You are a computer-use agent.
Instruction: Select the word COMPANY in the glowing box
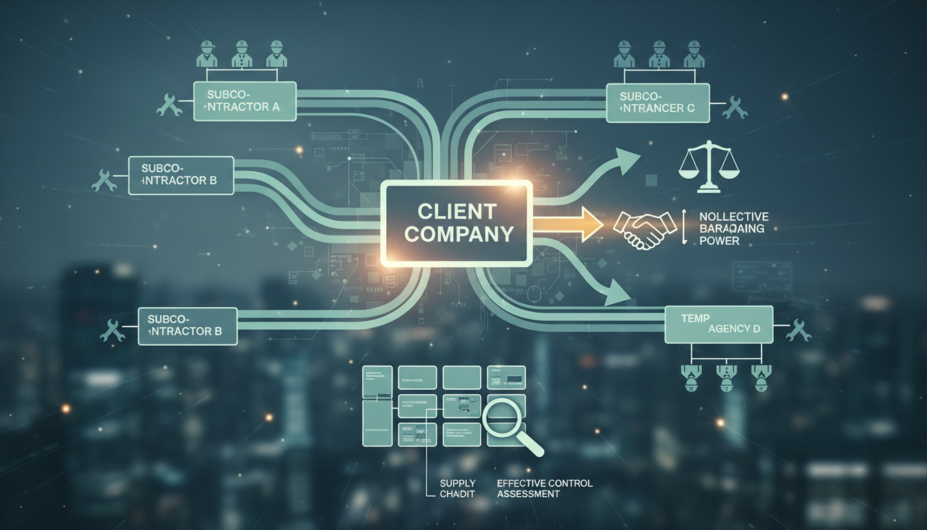[458, 234]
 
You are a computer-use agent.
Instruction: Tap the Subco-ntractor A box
[245, 101]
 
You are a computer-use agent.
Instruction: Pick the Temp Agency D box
[718, 324]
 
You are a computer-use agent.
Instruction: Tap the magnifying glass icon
[511, 424]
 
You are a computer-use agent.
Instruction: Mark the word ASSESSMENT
[528, 494]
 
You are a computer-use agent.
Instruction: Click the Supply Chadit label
[458, 489]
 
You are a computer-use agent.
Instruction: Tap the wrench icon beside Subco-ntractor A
[170, 104]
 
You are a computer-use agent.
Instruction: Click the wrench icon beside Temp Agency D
[799, 329]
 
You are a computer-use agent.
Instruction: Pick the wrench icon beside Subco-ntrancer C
[735, 107]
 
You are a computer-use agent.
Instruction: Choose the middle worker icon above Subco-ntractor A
[241, 54]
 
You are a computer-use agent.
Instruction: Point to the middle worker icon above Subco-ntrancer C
[657, 54]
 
